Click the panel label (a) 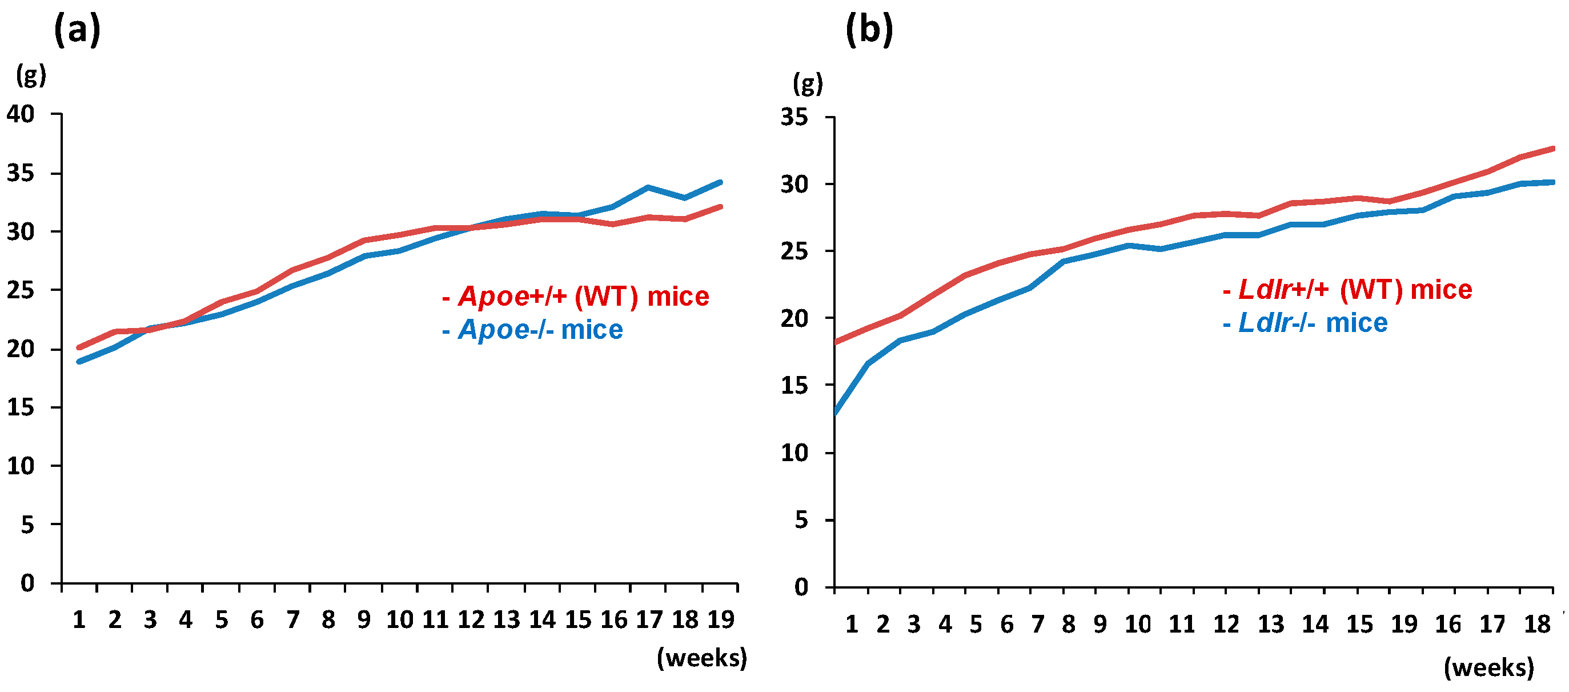(77, 30)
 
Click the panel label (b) (869, 30)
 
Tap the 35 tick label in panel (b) (795, 117)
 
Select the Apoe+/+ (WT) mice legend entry (576, 297)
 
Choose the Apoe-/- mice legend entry (533, 330)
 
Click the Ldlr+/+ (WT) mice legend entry (1347, 290)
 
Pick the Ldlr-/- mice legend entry (1305, 323)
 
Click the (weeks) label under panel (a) (701, 658)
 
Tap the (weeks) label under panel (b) (1488, 668)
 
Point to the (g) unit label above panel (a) (31, 76)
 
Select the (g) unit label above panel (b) (808, 84)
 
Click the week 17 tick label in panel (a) (649, 620)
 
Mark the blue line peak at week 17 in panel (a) (648, 187)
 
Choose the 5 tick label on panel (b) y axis (801, 520)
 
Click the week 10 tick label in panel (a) (400, 620)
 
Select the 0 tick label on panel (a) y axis (27, 583)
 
